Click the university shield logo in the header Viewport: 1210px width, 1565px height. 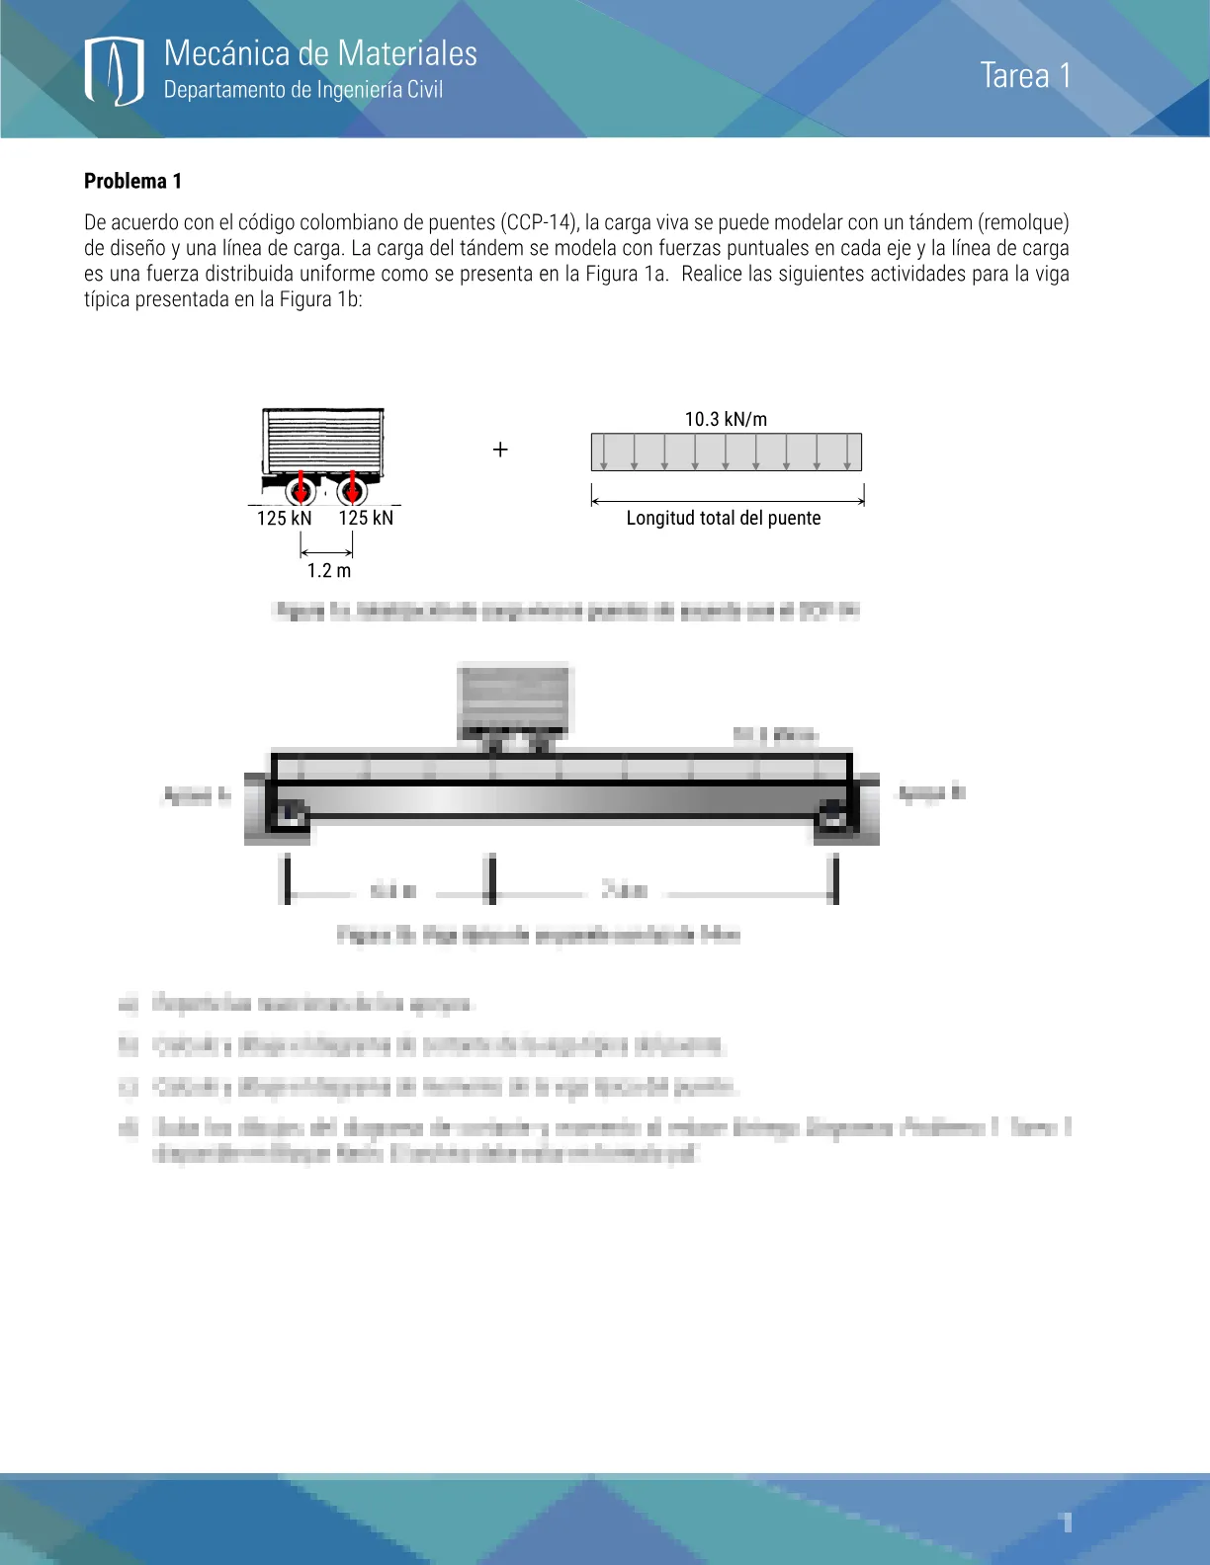(115, 71)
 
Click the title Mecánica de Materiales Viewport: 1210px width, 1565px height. (320, 53)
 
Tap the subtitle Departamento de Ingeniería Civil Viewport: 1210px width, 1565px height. (302, 90)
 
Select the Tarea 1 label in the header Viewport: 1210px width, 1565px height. (1025, 76)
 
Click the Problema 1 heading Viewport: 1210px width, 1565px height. (132, 181)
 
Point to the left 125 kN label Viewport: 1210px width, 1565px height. (284, 519)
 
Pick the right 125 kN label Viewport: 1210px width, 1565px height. (366, 519)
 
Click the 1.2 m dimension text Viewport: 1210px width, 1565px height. (328, 571)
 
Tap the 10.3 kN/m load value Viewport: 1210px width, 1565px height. (726, 419)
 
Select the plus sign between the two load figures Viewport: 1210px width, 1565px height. (500, 451)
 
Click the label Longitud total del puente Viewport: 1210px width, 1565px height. (724, 519)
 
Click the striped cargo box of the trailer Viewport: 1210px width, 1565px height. (323, 441)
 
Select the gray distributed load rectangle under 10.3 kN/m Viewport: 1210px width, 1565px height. (726, 453)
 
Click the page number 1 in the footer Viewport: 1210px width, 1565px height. (1067, 1523)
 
